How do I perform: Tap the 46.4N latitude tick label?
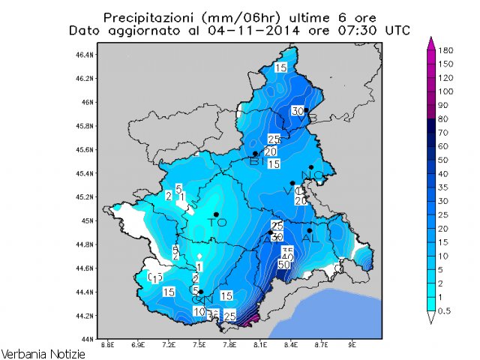[84, 55]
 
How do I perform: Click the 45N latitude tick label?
[87, 221]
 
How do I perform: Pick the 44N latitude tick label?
[87, 340]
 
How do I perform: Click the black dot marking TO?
[216, 215]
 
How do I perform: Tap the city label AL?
[307, 238]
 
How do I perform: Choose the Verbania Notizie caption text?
[43, 352]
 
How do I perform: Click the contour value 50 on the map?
[284, 265]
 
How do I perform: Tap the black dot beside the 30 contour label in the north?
[306, 110]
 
